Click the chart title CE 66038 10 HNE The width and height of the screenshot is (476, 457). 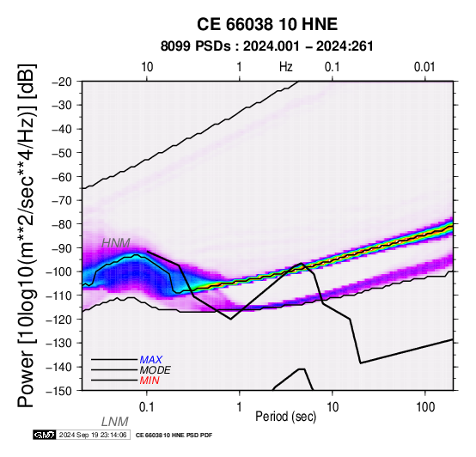[267, 24]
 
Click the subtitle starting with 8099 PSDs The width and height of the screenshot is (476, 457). [266, 46]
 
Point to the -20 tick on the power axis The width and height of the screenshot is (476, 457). [63, 82]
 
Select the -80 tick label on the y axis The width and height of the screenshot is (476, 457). [63, 224]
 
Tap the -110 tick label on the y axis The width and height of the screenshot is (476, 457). [60, 295]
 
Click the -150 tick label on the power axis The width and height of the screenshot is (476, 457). [60, 391]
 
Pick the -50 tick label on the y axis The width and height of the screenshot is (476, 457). [63, 153]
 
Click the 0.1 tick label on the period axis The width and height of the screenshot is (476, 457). [147, 407]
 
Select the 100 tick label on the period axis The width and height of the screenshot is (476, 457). [425, 407]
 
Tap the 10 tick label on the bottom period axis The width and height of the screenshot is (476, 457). [333, 407]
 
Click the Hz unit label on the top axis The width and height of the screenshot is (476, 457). [286, 67]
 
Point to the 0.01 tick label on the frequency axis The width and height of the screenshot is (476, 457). [425, 67]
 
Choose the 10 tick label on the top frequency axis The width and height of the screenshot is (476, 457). [147, 67]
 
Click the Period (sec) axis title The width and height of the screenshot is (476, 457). [285, 417]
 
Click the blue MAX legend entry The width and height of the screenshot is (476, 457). [151, 360]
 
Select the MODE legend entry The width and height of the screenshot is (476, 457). [156, 370]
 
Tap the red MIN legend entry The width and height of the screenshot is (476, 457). [150, 381]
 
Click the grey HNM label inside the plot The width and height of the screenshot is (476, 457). [116, 243]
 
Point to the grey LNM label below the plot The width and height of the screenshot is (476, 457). [115, 422]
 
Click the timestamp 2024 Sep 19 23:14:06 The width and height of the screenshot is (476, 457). [93, 435]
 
